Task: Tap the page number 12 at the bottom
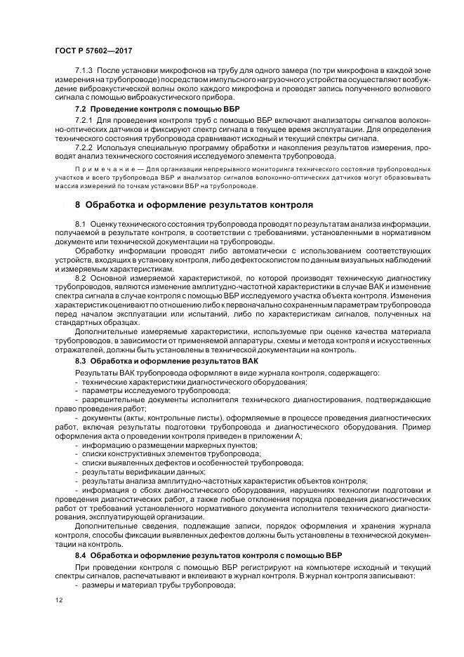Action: (59, 600)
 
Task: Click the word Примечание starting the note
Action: (102, 169)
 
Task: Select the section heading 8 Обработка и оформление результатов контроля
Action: (194, 205)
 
